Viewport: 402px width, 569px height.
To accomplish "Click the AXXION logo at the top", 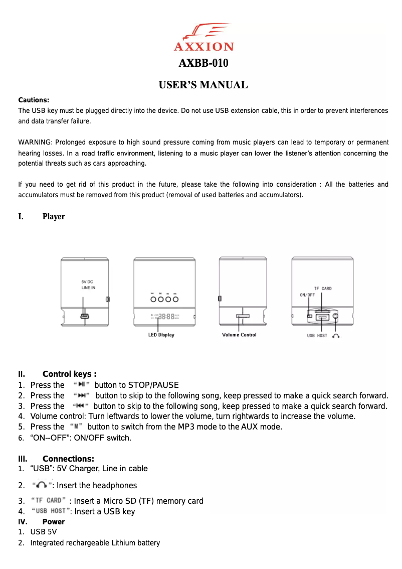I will click(204, 37).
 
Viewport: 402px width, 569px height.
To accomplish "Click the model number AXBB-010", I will click(204, 63).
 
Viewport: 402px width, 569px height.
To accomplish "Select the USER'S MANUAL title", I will click(203, 85).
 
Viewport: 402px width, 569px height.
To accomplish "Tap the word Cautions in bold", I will click(33, 100).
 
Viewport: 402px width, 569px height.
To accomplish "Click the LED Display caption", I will click(161, 335).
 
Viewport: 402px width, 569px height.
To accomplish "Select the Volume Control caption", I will click(239, 335).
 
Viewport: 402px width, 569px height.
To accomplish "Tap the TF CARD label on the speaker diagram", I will click(323, 289).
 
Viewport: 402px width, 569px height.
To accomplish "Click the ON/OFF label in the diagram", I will click(307, 295).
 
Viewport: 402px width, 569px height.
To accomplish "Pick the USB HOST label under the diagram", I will click(317, 336).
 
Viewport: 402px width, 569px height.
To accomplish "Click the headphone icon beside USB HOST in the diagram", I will click(335, 336).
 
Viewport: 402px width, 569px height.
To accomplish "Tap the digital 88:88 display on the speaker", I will click(166, 317).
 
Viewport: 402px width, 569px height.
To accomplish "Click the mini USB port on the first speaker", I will click(85, 316).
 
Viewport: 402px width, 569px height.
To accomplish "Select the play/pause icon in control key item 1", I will click(81, 385).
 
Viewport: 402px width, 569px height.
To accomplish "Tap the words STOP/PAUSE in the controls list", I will click(153, 385).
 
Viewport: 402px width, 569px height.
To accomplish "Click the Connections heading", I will click(68, 459).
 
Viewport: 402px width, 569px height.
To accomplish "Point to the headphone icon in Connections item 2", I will click(43, 485).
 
